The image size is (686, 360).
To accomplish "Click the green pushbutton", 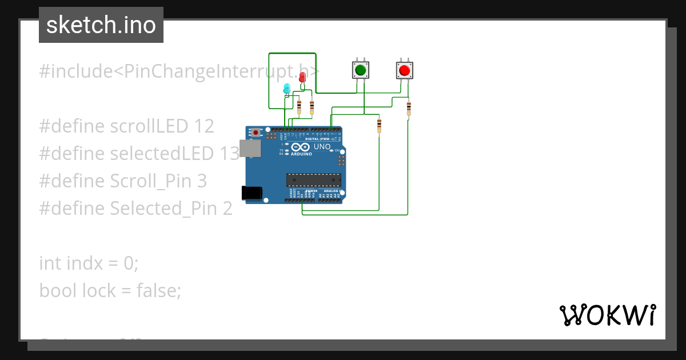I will (x=360, y=70).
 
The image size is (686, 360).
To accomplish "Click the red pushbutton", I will (x=405, y=70).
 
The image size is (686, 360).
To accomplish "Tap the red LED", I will (x=302, y=78).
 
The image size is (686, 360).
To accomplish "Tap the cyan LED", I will (x=287, y=88).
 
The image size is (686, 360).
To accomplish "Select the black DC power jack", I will (x=252, y=193).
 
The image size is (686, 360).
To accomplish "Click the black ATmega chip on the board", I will (x=314, y=180).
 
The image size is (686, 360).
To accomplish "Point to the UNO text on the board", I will (x=322, y=147).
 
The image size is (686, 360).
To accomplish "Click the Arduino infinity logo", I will (x=304, y=147).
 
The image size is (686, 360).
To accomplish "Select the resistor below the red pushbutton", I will (x=409, y=109).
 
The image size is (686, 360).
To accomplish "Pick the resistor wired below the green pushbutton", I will (x=379, y=126).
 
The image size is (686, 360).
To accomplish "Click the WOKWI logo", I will (x=607, y=315).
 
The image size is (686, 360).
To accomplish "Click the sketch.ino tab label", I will (x=101, y=25).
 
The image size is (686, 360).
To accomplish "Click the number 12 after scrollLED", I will (x=204, y=126).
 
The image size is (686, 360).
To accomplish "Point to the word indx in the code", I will (x=83, y=263).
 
